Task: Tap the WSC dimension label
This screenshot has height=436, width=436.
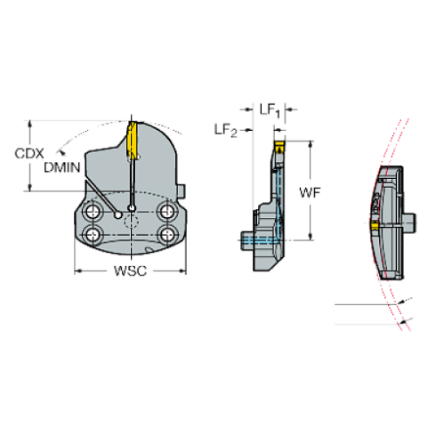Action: pos(129,270)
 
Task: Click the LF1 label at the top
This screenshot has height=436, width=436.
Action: pos(268,111)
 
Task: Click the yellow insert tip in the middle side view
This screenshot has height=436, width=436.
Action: pos(277,141)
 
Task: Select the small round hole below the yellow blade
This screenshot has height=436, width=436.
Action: pos(131,208)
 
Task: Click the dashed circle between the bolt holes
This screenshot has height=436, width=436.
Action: pos(130,225)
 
